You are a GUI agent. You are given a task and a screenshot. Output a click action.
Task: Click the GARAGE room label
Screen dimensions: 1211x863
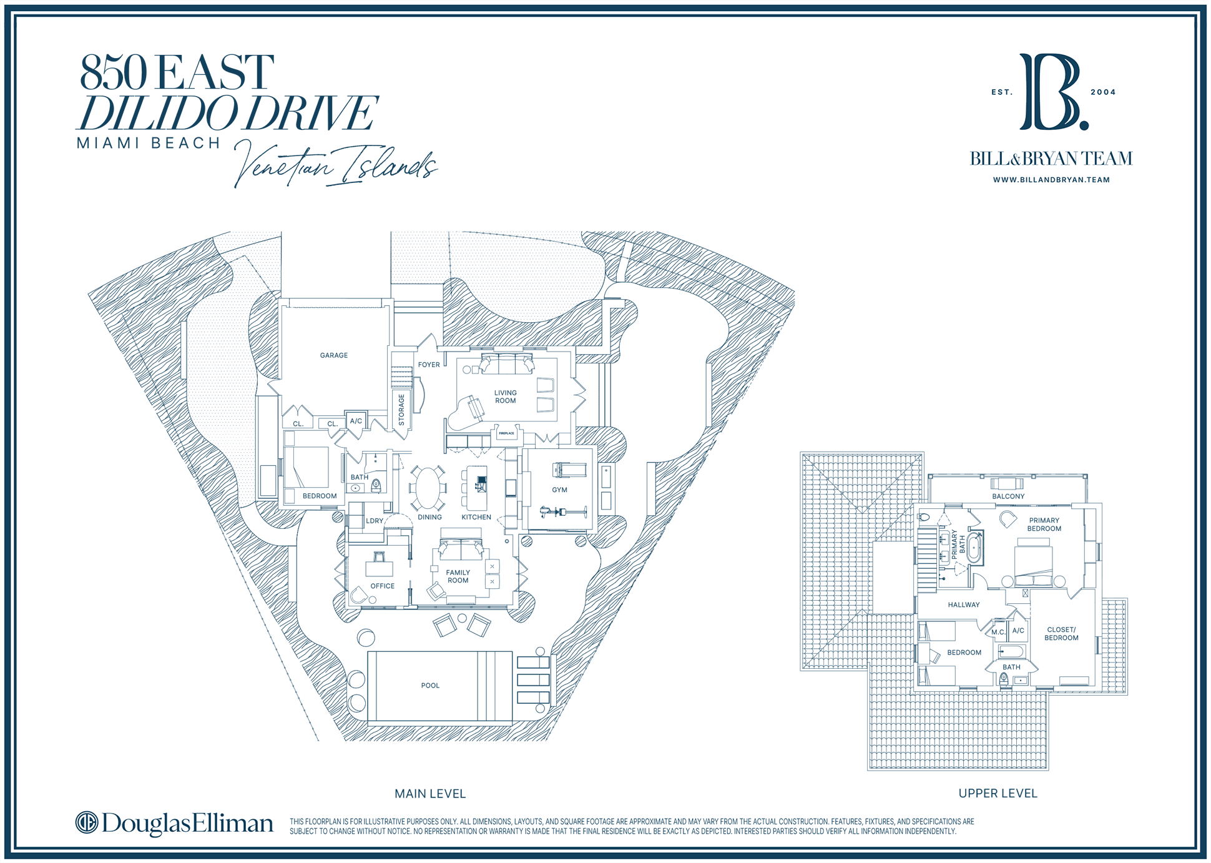point(334,355)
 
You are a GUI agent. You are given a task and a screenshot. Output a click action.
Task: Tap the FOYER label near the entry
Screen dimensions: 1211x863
point(429,365)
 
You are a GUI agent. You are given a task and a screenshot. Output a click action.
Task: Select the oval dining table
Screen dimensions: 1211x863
point(428,488)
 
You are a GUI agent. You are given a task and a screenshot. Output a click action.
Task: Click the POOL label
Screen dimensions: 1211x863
point(430,686)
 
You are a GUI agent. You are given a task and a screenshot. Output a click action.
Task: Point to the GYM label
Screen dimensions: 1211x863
point(559,490)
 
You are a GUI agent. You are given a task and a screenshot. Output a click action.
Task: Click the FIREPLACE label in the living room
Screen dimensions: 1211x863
point(506,433)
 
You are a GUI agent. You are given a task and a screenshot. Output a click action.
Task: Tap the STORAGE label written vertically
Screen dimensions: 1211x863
point(401,410)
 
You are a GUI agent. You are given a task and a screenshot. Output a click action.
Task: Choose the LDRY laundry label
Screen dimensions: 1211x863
point(375,521)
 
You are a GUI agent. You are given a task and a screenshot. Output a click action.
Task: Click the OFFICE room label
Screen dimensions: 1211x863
point(383,586)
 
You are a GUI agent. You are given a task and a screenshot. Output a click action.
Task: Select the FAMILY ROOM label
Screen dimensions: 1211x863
point(458,576)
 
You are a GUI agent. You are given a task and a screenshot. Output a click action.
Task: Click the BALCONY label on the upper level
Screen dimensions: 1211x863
point(1008,496)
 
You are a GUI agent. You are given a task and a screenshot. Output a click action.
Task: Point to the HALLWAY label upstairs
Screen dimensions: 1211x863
point(964,605)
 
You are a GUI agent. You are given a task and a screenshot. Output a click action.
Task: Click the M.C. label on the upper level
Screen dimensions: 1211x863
point(998,632)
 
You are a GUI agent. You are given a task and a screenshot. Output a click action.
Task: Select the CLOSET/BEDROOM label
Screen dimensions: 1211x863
point(1061,634)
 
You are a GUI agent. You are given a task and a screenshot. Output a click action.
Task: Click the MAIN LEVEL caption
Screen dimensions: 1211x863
point(430,794)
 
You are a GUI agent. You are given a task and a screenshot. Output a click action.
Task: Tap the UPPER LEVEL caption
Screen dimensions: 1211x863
point(998,793)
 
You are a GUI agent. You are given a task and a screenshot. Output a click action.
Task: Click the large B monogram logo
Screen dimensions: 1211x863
point(1054,92)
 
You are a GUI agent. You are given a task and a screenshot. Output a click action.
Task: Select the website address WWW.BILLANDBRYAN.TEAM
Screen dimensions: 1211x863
point(1051,180)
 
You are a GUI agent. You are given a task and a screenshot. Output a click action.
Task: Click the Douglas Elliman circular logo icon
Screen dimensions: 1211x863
point(87,822)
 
